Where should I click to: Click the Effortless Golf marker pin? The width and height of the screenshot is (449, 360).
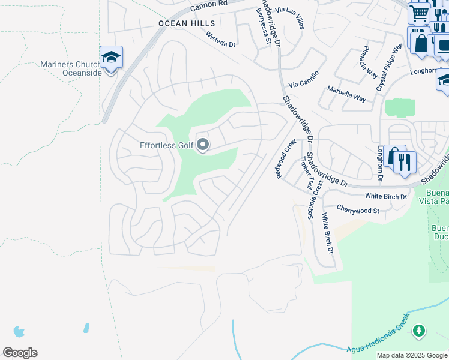click(203, 145)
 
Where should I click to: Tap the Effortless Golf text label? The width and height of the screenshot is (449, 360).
click(167, 145)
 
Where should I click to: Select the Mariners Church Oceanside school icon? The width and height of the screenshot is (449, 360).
click(111, 58)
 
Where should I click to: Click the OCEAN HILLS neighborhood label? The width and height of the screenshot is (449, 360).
click(187, 23)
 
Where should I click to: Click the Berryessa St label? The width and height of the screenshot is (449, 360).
click(262, 25)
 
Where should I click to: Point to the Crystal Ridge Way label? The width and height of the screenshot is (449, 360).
click(388, 67)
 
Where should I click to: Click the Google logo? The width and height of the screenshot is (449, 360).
click(20, 353)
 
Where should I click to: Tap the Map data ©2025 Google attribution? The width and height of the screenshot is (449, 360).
click(411, 355)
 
